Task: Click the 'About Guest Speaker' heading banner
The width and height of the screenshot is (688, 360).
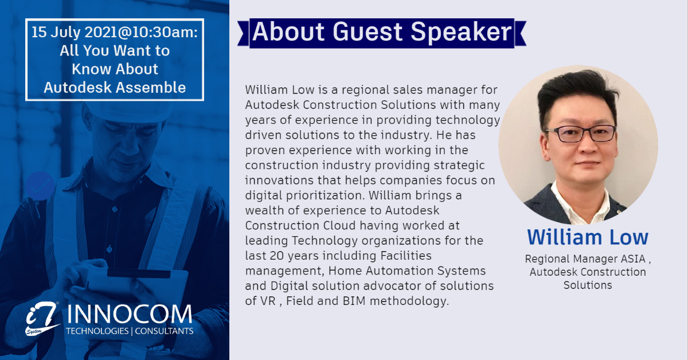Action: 381,32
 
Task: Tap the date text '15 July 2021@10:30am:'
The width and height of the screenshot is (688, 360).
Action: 115,32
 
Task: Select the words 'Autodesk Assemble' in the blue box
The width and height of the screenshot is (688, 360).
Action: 115,87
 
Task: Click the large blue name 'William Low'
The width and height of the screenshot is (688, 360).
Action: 588,237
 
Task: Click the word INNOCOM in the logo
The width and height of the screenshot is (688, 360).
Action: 129,314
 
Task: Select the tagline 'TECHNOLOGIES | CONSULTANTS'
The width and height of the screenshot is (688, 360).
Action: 130,331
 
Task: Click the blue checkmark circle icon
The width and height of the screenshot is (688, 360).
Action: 40,186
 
